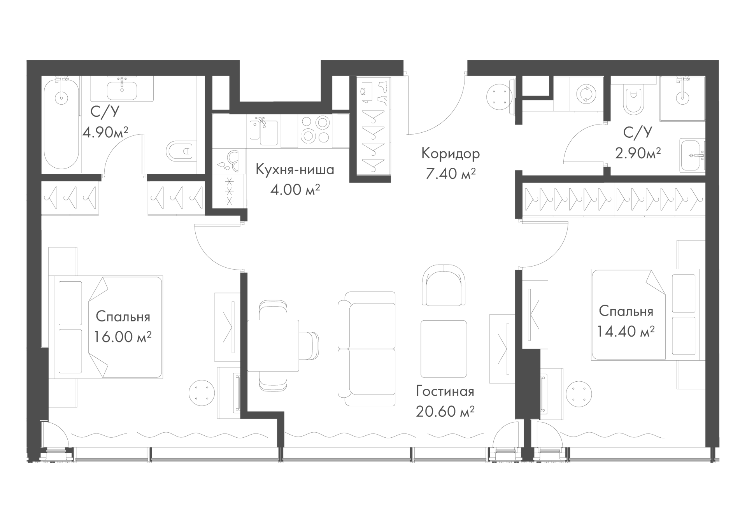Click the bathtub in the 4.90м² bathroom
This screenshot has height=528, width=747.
coord(61,123)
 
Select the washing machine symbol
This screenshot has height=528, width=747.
coord(585,95)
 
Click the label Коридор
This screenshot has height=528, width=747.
coord(451,154)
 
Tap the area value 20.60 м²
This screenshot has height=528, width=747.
coord(445,411)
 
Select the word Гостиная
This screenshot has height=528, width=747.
coord(445,391)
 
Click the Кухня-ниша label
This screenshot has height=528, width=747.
coord(295,170)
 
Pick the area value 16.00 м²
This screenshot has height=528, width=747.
coord(123,337)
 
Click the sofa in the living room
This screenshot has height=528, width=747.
coord(366,349)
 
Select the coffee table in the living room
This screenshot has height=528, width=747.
coord(444,349)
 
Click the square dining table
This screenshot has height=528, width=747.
coord(273,346)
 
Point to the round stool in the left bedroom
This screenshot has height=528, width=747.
coord(202,393)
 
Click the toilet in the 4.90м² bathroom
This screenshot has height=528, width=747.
coord(179,150)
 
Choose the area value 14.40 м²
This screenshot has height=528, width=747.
coord(626,331)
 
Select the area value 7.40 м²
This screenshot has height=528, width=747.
coord(451,174)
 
